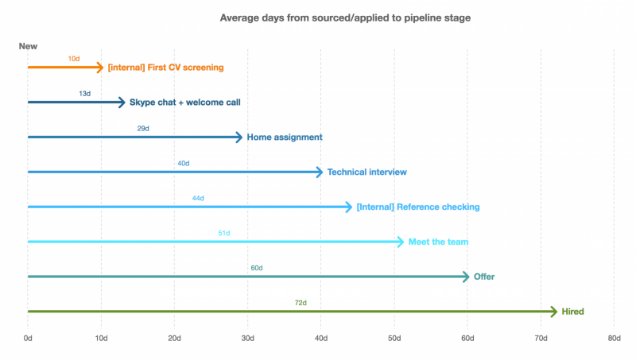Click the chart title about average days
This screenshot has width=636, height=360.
[x=345, y=17]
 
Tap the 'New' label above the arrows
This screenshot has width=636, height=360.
[x=28, y=46]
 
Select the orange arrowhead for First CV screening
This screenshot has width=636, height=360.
[x=100, y=68]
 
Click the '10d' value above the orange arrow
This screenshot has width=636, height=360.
[x=74, y=59]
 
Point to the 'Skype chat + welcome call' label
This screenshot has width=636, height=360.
[x=185, y=103]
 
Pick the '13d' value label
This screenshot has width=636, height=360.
[x=85, y=94]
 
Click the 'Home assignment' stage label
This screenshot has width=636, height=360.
[x=285, y=137]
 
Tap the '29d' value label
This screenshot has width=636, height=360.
[x=143, y=129]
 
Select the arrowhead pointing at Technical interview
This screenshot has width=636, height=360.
[x=320, y=172]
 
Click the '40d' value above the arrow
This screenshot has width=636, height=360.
[x=184, y=164]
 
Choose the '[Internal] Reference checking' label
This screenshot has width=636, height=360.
[x=418, y=207]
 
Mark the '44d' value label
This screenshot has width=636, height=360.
[x=198, y=198]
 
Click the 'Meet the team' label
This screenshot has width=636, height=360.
[x=439, y=242]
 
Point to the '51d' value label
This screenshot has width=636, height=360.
[x=224, y=233]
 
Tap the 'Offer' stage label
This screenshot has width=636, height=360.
[x=484, y=277]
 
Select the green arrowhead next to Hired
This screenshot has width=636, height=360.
[x=554, y=312]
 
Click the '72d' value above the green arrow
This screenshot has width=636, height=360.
[x=301, y=303]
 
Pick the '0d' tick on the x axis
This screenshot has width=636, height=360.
[x=28, y=338]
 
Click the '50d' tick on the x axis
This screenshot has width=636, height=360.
[x=394, y=338]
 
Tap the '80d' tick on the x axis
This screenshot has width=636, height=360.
[x=614, y=338]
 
